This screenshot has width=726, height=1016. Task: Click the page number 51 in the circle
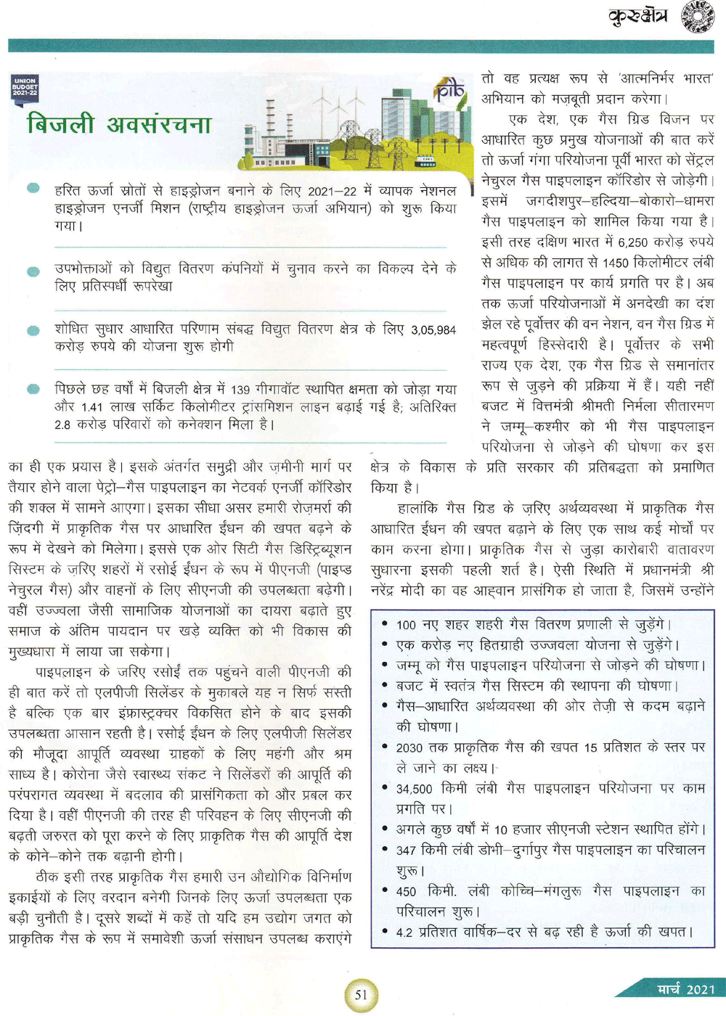click(x=361, y=994)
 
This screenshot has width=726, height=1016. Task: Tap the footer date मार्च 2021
click(x=685, y=988)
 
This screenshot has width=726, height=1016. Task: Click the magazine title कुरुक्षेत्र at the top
click(x=638, y=16)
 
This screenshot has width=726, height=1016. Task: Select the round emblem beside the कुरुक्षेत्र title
click(x=697, y=17)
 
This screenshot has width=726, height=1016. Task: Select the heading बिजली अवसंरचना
click(x=119, y=124)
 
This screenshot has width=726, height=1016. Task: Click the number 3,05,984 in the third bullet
click(x=433, y=330)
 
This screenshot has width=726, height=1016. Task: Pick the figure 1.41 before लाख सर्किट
click(x=91, y=407)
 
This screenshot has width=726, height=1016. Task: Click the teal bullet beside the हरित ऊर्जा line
click(x=33, y=189)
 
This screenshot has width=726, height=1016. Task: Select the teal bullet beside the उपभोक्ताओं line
click(x=33, y=272)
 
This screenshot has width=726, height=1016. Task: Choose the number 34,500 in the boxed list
click(x=414, y=789)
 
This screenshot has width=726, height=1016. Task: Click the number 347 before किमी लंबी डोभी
click(x=407, y=850)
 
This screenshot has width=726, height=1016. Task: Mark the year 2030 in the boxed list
click(x=410, y=747)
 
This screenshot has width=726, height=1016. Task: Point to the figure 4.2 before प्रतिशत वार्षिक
click(x=404, y=933)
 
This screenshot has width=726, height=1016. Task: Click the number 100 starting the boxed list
click(x=406, y=625)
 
